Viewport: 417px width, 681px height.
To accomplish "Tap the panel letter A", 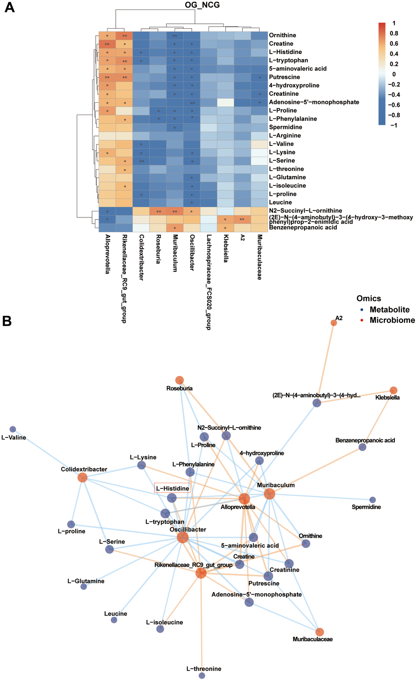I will [x=9, y=7].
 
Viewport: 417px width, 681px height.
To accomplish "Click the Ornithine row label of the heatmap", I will [x=282, y=35].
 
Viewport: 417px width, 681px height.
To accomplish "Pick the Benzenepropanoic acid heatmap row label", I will [x=303, y=227].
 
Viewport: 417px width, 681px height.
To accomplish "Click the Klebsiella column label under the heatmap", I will [x=225, y=248].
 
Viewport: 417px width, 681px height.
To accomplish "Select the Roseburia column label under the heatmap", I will [x=158, y=249].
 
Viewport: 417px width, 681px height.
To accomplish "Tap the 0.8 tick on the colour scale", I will [x=394, y=33].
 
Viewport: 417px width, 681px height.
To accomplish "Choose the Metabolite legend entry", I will [x=389, y=310].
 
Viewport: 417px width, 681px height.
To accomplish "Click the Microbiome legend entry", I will [x=392, y=320].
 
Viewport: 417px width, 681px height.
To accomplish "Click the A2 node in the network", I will [x=334, y=323].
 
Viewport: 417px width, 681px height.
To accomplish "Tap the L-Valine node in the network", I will [x=13, y=429].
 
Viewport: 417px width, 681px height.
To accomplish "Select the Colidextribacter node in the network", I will [x=83, y=477].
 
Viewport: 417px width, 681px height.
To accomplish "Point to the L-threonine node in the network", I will [x=202, y=676].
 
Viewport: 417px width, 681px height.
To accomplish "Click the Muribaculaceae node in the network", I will [x=320, y=632].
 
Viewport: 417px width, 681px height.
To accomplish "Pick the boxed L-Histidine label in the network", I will [x=173, y=488].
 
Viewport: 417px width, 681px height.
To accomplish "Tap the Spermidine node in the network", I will [x=372, y=500].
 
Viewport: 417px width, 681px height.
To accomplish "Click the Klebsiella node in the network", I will [x=393, y=390].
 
